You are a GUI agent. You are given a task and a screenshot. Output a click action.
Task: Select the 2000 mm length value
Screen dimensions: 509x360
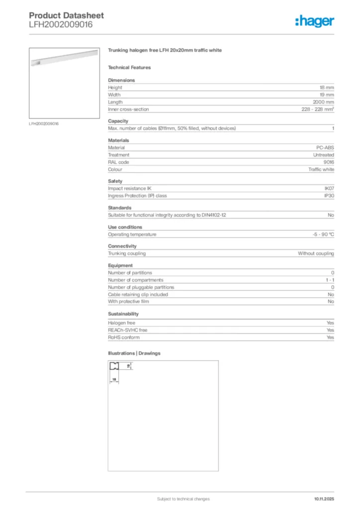click(323, 102)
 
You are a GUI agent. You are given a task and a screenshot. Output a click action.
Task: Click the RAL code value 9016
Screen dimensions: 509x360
click(328, 162)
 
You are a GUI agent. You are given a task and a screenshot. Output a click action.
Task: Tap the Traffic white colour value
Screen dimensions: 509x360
click(321, 170)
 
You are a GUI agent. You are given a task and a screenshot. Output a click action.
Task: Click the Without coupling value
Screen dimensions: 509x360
click(316, 254)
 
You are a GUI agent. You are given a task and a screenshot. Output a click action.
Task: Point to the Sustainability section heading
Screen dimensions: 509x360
click(123, 314)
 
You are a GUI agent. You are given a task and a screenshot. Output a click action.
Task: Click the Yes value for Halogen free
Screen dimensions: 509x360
click(330, 323)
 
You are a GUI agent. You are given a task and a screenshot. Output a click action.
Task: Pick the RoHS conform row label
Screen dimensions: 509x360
click(124, 338)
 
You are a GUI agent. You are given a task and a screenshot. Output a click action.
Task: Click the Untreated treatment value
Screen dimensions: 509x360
click(323, 155)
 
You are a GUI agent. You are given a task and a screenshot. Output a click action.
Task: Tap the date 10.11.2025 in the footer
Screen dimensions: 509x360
click(324, 499)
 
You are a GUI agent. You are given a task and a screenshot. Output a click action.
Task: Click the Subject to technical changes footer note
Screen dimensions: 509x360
click(183, 499)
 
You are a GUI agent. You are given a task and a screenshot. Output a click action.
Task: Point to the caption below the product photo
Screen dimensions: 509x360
click(44, 124)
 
